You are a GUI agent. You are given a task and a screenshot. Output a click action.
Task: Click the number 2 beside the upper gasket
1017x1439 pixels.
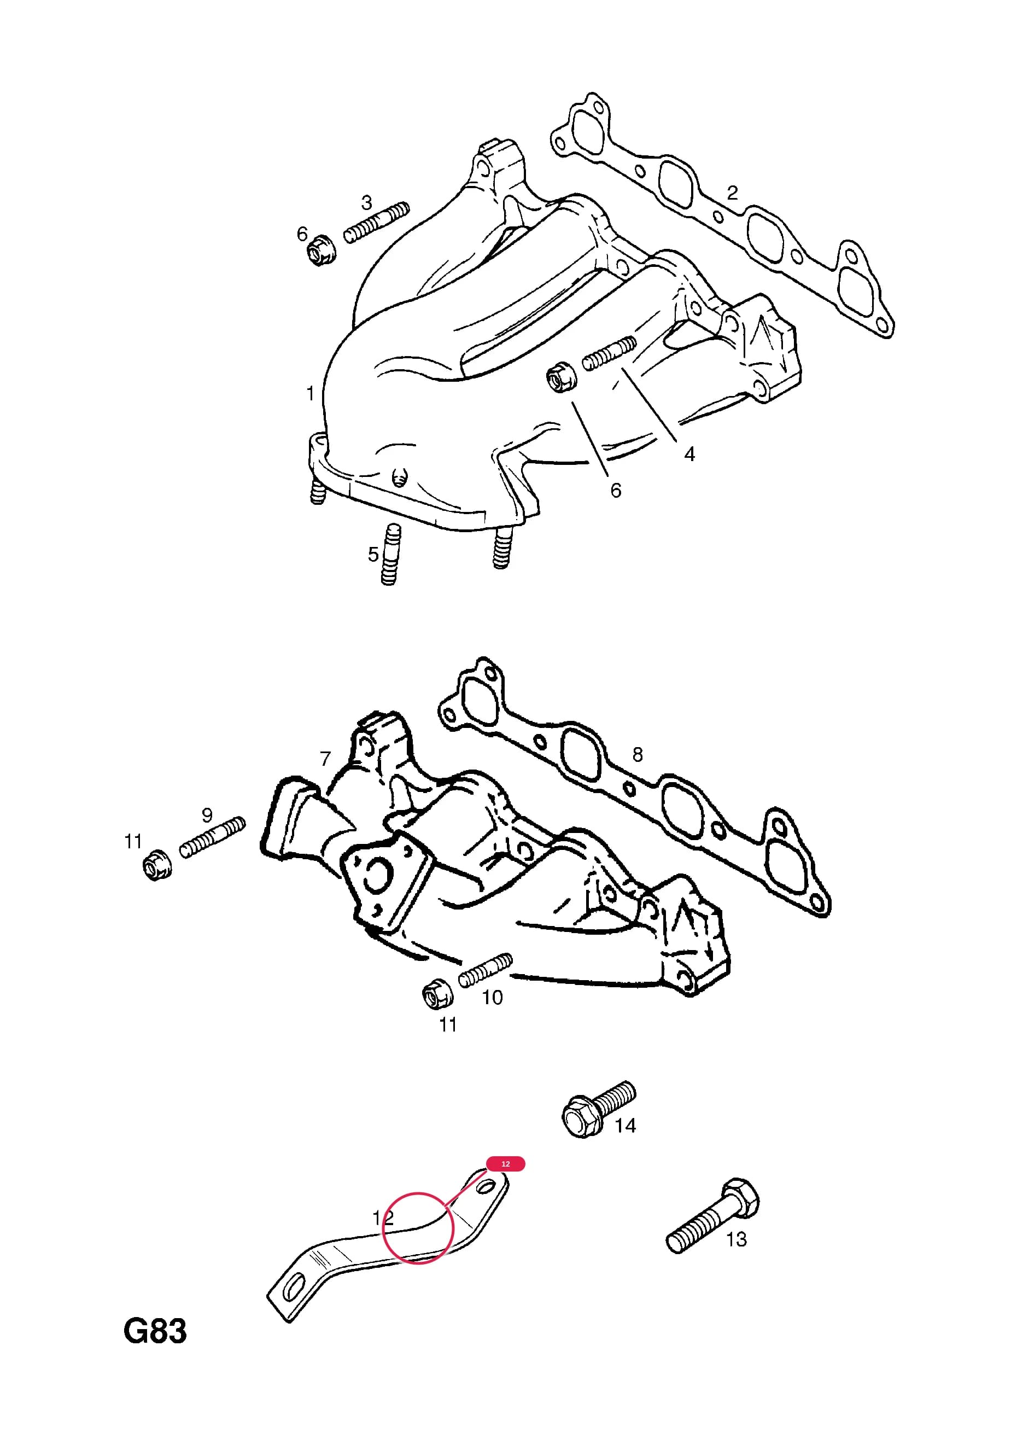pyautogui.click(x=732, y=193)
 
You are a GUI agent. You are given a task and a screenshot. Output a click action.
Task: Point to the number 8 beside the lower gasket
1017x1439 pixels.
pyautogui.click(x=638, y=755)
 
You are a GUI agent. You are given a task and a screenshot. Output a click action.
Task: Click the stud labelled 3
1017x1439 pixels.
pyautogui.click(x=376, y=223)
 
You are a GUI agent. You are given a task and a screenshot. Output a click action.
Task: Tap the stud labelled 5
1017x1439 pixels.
pyautogui.click(x=390, y=554)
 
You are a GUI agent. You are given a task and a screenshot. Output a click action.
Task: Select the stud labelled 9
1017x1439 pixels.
pyautogui.click(x=213, y=837)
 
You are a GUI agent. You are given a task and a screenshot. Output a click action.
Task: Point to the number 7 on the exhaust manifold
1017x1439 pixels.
pyautogui.click(x=325, y=759)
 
